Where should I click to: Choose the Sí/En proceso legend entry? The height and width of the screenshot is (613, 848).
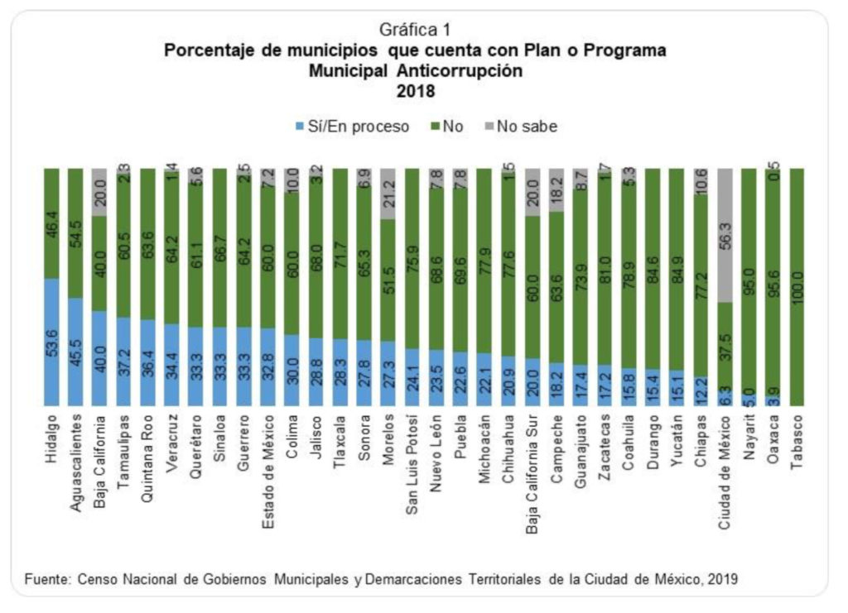point(352,127)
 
